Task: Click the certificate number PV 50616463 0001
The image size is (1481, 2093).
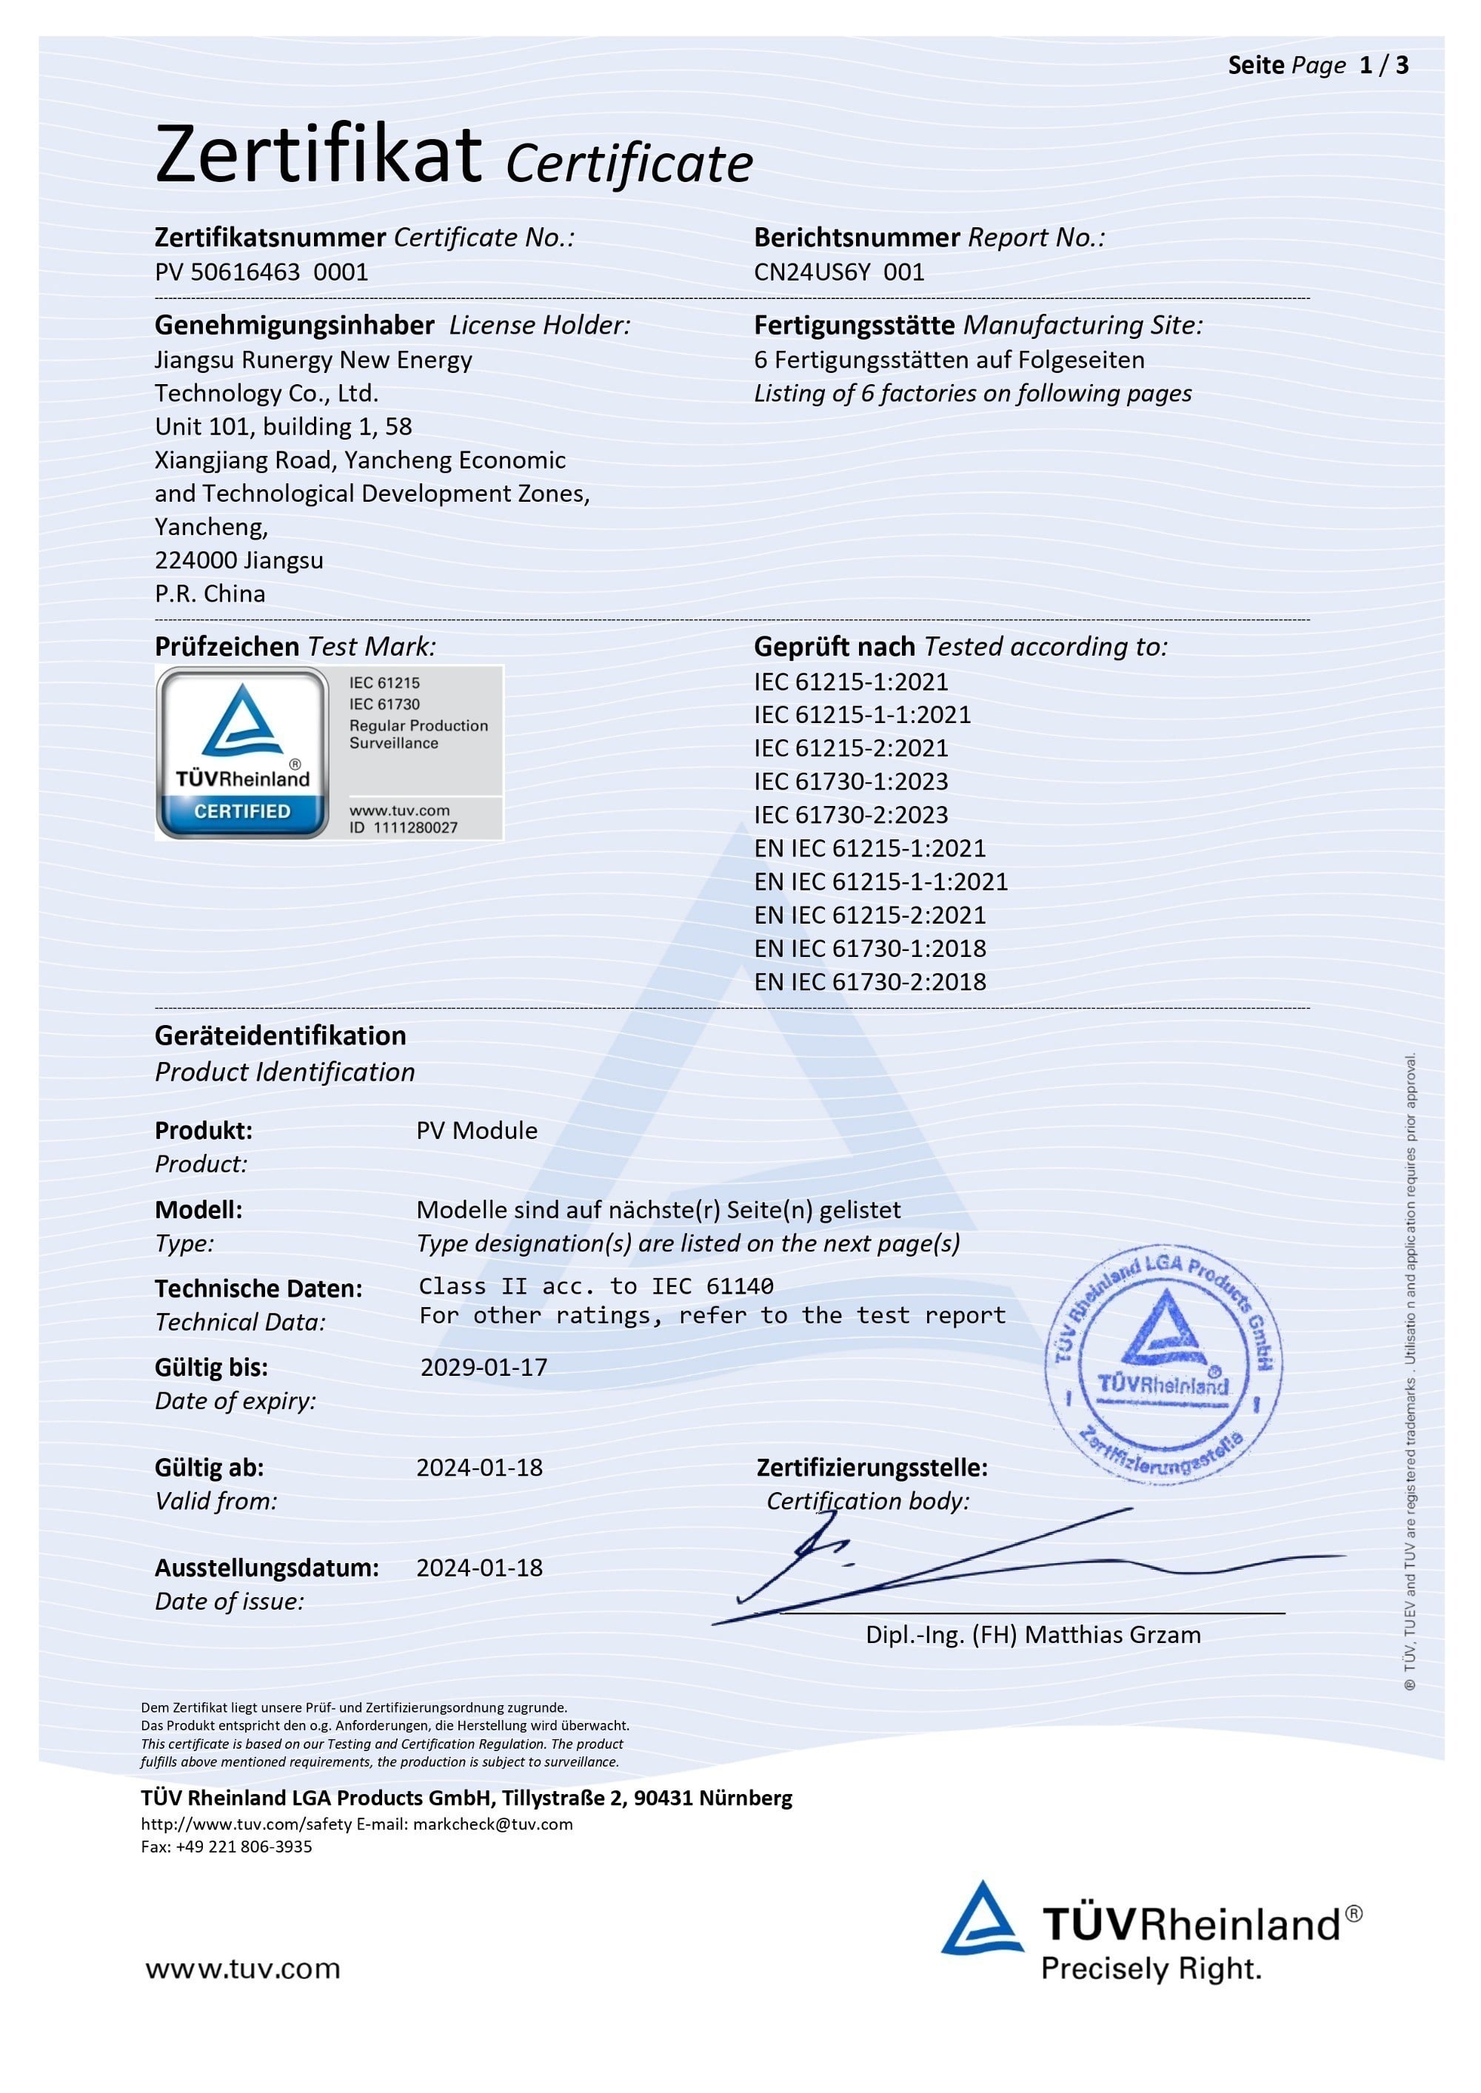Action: tap(261, 272)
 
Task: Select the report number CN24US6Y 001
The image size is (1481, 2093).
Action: tap(838, 272)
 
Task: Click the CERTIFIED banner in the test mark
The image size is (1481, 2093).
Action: tap(241, 810)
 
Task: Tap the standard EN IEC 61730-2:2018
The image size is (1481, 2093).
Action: tap(869, 982)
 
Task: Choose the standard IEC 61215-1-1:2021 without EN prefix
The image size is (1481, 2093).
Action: tap(862, 715)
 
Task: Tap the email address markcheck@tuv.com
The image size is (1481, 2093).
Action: tap(492, 1824)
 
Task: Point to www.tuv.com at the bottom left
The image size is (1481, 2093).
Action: tap(243, 1968)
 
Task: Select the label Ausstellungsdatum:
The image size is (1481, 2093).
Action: tap(267, 1568)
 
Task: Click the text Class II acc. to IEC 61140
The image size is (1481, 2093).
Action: tap(595, 1286)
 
